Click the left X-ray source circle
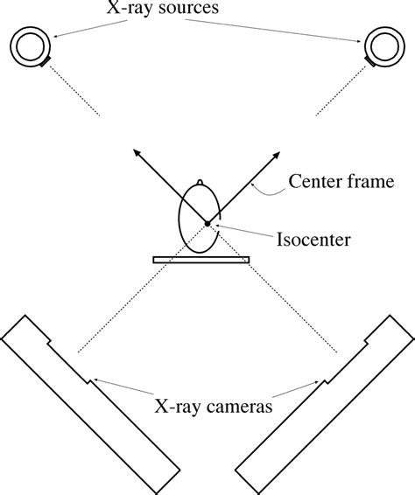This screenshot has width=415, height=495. tap(31, 45)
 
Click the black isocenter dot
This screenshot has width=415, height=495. tap(207, 224)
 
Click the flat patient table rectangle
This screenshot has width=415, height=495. tap(200, 260)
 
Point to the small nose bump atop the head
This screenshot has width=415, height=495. tap(201, 183)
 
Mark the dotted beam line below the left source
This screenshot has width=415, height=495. tap(74, 90)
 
